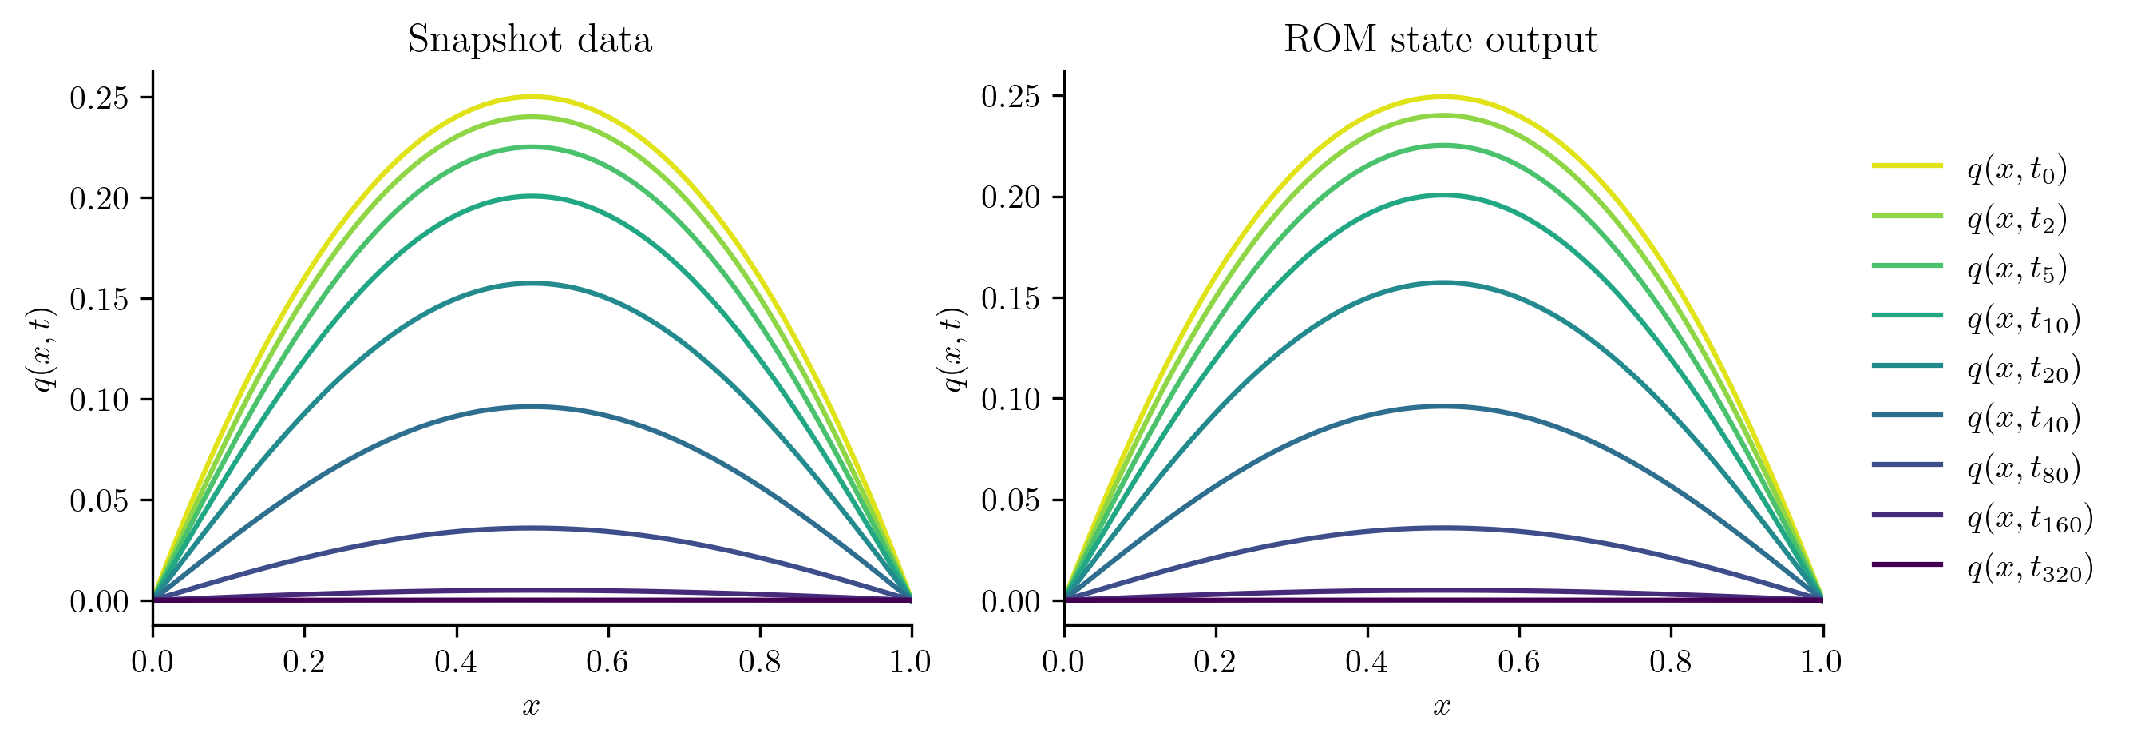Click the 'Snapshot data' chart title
530,40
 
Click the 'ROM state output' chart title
1440,40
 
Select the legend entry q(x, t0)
2017,169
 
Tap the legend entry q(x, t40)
2024,419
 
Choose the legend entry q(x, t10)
2024,319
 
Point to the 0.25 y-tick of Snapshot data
99,98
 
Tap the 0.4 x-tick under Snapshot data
457,662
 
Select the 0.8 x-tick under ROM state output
1671,662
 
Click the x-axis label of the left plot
531,705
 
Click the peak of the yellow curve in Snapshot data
532,97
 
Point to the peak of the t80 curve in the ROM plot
1442,528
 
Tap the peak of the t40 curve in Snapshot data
532,406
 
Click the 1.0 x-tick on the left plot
911,662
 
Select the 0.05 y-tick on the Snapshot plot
99,500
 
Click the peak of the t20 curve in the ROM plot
1442,283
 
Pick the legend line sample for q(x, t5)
1907,265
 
